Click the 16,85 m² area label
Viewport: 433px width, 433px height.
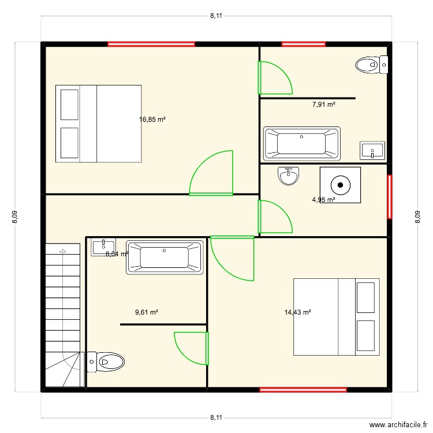(x=152, y=120)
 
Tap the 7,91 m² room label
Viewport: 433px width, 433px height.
(x=324, y=105)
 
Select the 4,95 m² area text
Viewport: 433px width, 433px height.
(x=324, y=200)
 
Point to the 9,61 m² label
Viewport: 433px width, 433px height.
(x=147, y=312)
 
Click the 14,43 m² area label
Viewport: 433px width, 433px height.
(x=298, y=312)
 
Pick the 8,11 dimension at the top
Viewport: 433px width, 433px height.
(x=216, y=16)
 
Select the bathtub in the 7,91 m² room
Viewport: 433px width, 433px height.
(x=301, y=143)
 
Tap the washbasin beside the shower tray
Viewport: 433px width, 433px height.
(x=289, y=176)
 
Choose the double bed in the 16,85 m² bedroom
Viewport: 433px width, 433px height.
(x=98, y=124)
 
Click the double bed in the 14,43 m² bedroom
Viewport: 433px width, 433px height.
(x=337, y=316)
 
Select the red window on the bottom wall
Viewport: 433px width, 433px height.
(x=303, y=390)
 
